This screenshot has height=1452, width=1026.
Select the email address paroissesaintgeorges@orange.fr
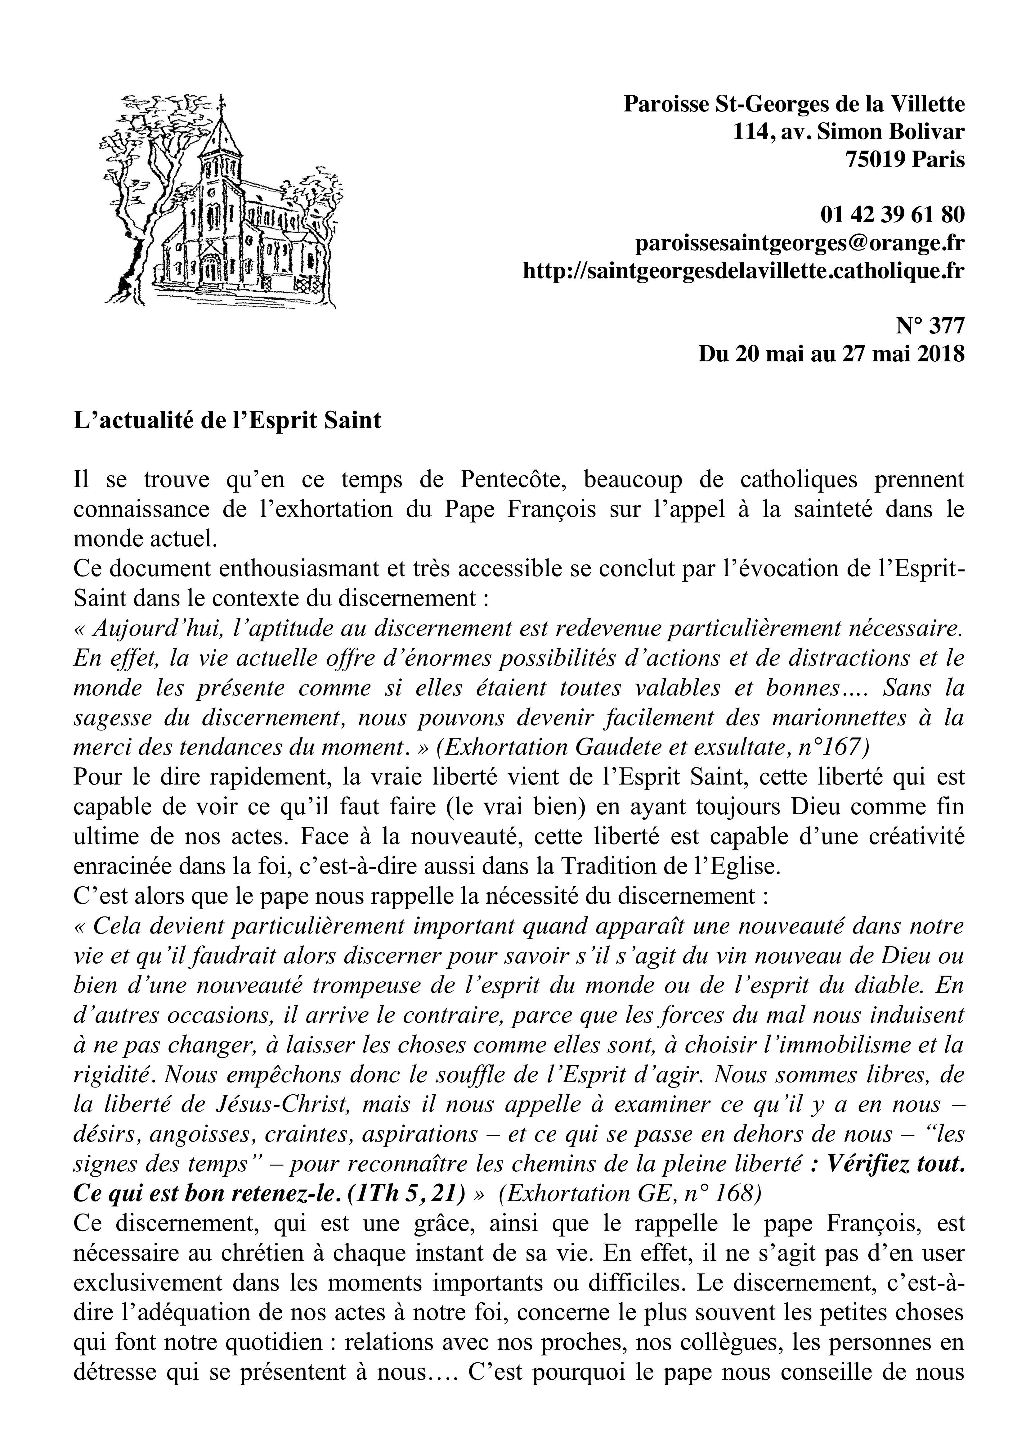coord(800,243)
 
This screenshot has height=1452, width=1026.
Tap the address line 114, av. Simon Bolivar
coord(849,132)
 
